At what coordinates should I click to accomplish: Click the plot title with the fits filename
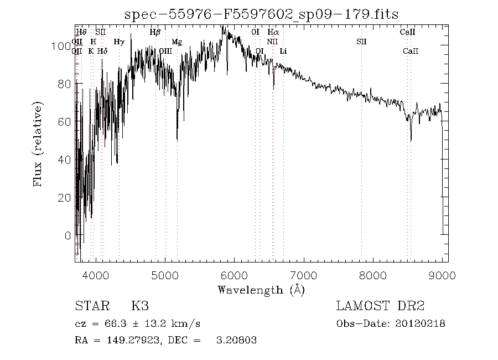click(262, 15)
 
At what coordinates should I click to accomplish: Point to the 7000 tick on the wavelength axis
click(303, 275)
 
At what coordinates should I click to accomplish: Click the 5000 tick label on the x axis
click(165, 275)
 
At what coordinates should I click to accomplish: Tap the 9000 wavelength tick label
click(442, 275)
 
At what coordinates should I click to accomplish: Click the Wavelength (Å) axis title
click(261, 290)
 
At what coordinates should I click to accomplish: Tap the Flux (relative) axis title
click(38, 144)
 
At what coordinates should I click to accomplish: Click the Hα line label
click(273, 32)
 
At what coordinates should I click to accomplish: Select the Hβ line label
click(155, 32)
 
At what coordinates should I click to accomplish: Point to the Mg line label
click(177, 42)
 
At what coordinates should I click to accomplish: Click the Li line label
click(283, 51)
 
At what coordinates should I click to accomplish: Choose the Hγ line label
click(118, 42)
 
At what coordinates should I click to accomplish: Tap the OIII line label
click(165, 51)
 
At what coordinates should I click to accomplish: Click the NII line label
click(272, 42)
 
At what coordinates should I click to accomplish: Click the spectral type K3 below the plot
click(140, 306)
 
